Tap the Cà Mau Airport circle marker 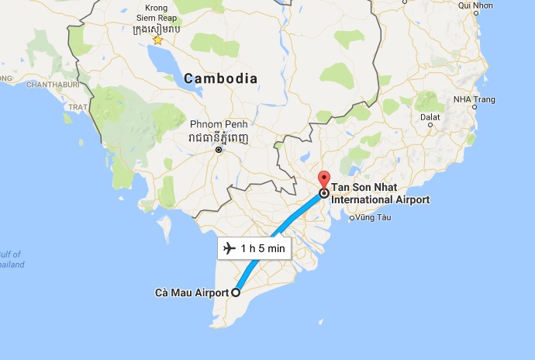pyautogui.click(x=236, y=292)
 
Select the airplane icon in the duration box pyautogui.click(x=229, y=248)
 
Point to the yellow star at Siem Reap pyautogui.click(x=157, y=40)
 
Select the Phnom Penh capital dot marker pyautogui.click(x=219, y=150)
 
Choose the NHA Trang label pyautogui.click(x=475, y=99)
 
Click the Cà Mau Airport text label pyautogui.click(x=192, y=292)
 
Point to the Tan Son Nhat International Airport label pyautogui.click(x=380, y=194)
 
